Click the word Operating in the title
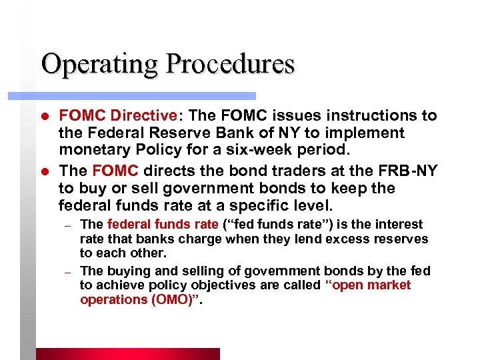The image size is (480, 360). (99, 65)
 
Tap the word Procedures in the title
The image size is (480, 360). (231, 65)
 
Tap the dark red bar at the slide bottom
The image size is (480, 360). (127, 354)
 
